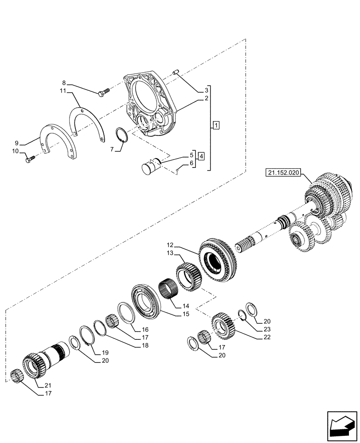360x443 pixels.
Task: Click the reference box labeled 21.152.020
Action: coord(284,173)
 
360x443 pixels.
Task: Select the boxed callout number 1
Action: coord(215,125)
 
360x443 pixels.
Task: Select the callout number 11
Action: coord(63,91)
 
